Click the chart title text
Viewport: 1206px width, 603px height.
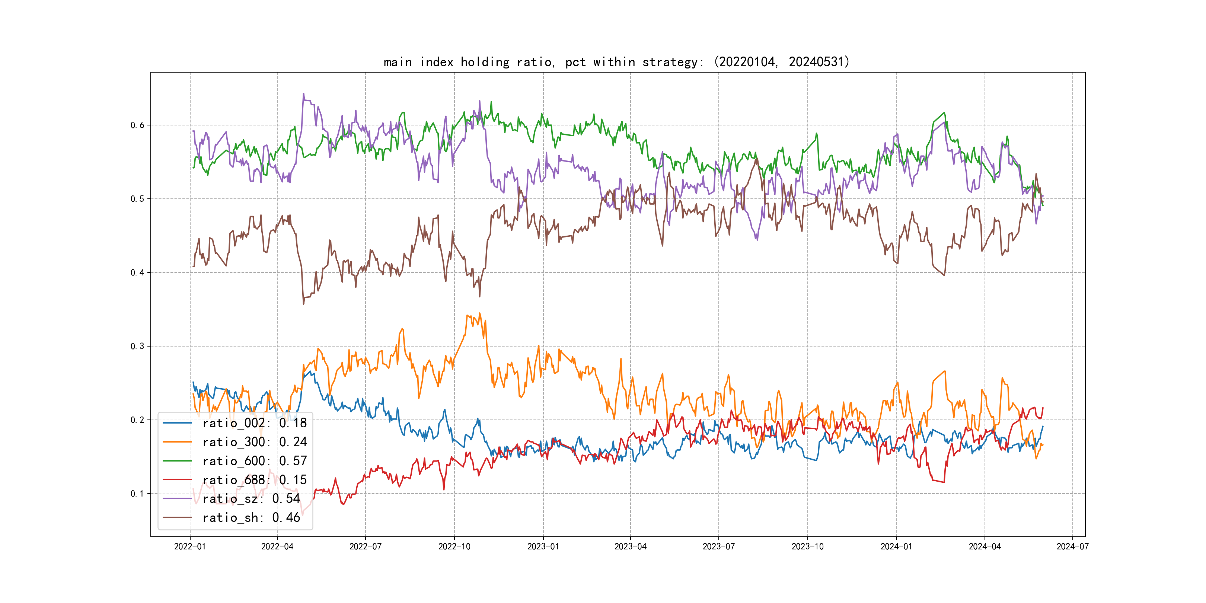point(616,62)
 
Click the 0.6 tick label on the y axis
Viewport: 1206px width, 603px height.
point(137,125)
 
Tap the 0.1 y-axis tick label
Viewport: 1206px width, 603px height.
point(137,494)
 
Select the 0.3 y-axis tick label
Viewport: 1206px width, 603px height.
point(137,347)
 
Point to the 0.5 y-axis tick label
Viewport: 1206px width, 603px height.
point(137,199)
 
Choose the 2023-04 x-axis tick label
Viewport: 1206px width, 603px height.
point(630,546)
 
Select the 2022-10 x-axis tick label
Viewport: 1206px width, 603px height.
point(454,546)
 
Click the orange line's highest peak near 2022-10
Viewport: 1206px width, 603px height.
point(480,313)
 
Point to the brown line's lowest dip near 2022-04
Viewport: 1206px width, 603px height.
point(303,304)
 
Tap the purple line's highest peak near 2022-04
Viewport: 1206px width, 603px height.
point(303,94)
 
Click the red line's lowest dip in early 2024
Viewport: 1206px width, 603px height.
point(944,482)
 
